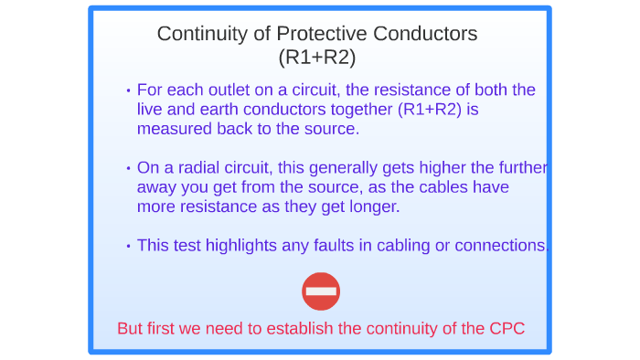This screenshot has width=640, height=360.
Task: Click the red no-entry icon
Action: pos(321,291)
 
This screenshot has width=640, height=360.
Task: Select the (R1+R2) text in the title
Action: pos(317,57)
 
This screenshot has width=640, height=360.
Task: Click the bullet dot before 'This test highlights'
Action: pos(128,246)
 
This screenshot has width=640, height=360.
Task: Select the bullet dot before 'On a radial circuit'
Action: pos(128,169)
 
